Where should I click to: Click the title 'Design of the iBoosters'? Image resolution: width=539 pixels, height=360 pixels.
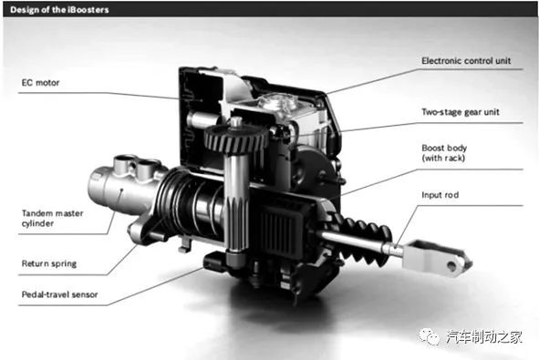59,10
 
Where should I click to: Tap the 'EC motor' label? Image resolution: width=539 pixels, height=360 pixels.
40,83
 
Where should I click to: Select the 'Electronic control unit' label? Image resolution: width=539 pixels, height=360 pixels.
466,61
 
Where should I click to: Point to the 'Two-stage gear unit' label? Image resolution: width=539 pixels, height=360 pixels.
461,112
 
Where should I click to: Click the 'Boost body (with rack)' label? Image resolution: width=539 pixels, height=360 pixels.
444,153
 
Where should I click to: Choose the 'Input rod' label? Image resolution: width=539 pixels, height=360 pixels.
440,195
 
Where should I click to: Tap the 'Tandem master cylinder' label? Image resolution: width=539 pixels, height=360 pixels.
52,218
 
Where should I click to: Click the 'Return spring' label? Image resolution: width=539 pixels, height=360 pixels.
49,263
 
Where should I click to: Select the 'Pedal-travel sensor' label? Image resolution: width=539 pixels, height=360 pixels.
60,294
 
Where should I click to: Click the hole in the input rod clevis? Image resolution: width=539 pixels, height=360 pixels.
451,265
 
